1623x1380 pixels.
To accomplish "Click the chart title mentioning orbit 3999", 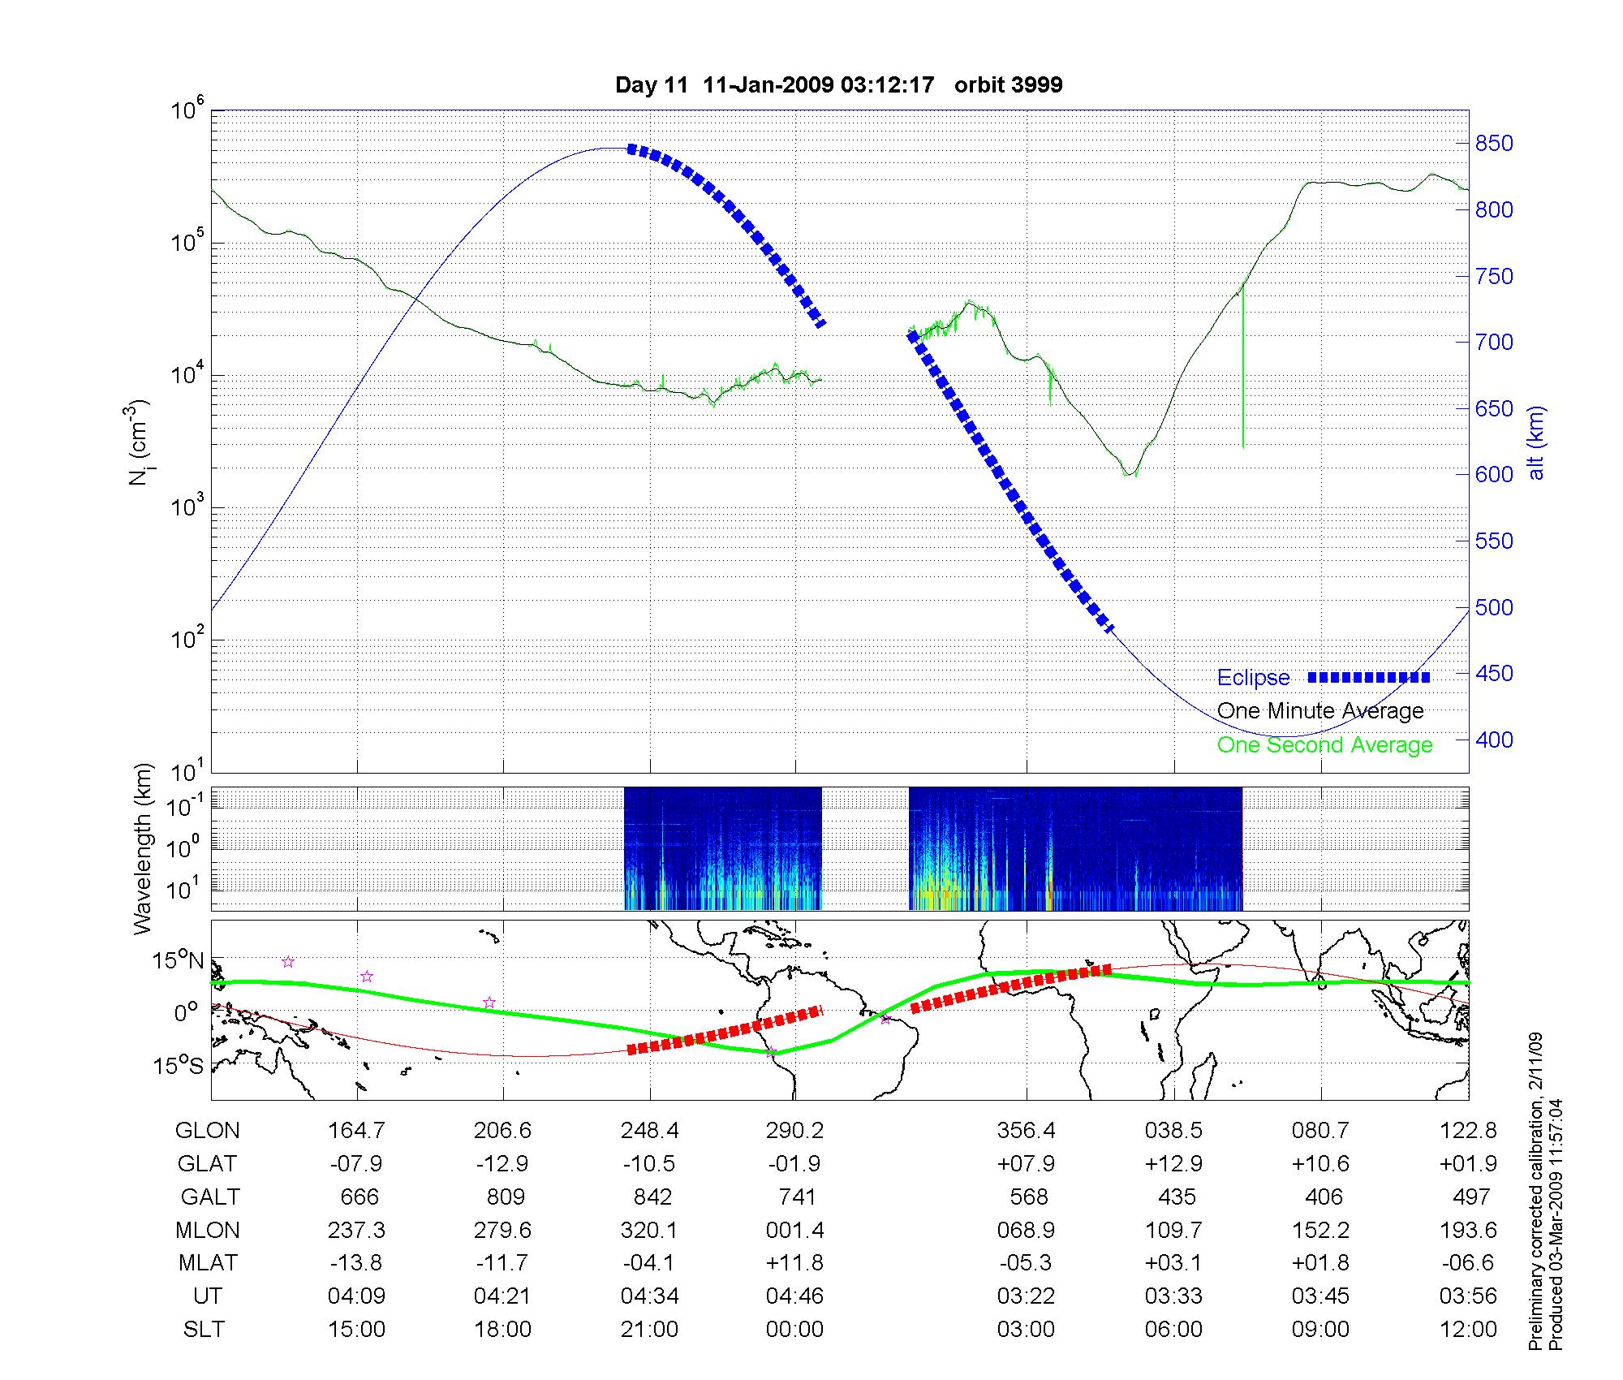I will (x=838, y=85).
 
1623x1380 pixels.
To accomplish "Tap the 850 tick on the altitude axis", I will (x=1493, y=144).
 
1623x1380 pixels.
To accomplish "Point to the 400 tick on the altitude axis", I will (x=1493, y=740).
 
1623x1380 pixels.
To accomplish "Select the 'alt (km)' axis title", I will (x=1537, y=442).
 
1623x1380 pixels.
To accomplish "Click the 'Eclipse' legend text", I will (x=1253, y=678).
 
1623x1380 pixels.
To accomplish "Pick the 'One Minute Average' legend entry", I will (x=1320, y=711).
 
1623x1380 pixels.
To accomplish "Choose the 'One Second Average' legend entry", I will (x=1324, y=745).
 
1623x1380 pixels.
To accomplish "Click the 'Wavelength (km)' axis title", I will (x=143, y=848).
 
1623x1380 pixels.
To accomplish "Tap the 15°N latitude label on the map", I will (x=179, y=961).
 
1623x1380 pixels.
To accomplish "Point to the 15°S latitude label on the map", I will (x=179, y=1065).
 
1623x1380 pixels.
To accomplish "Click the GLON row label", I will (x=207, y=1131).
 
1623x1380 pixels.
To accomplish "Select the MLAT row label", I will (x=208, y=1263).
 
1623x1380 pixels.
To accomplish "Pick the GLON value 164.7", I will (x=356, y=1131).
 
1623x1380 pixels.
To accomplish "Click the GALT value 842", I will (x=649, y=1197).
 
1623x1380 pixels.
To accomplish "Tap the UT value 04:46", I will (x=794, y=1296).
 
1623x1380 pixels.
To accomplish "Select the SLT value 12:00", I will (x=1469, y=1330).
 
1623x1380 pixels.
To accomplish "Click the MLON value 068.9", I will (x=1027, y=1231).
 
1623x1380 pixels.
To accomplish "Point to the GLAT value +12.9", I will (x=1173, y=1164).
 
